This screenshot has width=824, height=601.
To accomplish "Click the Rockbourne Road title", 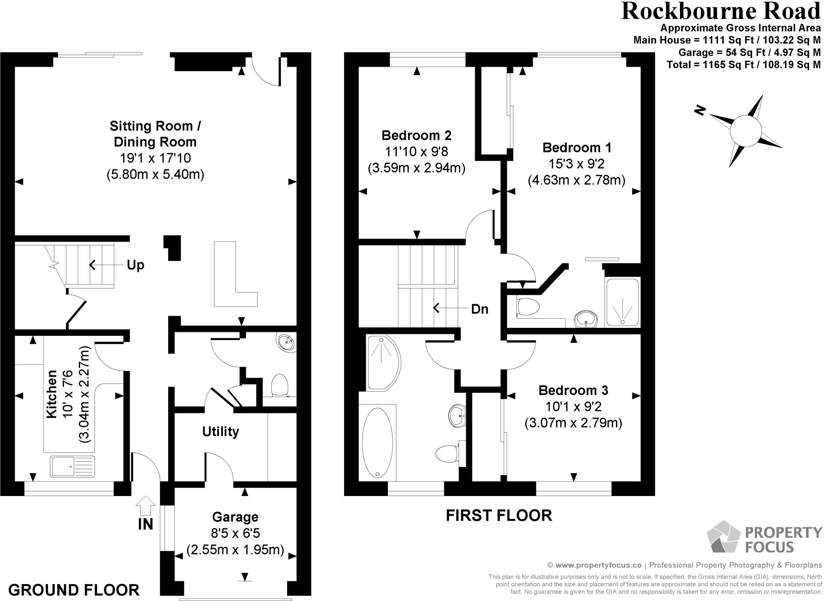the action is tap(721, 11).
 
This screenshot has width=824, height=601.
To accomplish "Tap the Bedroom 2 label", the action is tap(416, 135).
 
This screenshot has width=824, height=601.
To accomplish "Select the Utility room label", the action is tap(220, 432).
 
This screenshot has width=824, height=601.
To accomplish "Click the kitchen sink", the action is tap(72, 466).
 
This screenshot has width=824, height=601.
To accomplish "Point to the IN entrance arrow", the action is tap(146, 506).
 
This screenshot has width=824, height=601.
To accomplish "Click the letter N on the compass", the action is tap(700, 110).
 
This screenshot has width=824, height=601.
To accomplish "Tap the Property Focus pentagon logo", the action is tap(723, 537).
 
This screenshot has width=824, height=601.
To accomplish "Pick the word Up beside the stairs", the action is tap(135, 265).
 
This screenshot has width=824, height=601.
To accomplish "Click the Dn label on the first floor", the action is tap(480, 309).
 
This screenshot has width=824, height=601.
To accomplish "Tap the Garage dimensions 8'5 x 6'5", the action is tap(235, 533).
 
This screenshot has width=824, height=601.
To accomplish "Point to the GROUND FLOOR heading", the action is tap(74, 590).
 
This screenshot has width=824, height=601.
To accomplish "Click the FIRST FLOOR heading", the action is tap(499, 515).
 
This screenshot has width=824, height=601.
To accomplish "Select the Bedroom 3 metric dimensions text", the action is tap(573, 423).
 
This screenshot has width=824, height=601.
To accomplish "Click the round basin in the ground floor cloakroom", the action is tap(286, 342).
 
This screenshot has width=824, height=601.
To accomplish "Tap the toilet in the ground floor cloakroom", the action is tap(279, 385).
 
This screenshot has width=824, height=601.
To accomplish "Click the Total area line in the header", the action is tap(744, 64).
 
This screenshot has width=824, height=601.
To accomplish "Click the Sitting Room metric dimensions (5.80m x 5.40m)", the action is tap(155, 175).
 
